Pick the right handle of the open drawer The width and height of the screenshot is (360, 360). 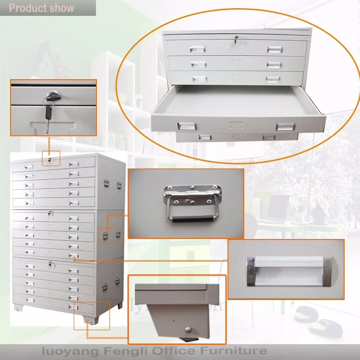click(x=285, y=127)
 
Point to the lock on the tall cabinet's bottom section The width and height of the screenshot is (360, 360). click(x=49, y=264)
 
